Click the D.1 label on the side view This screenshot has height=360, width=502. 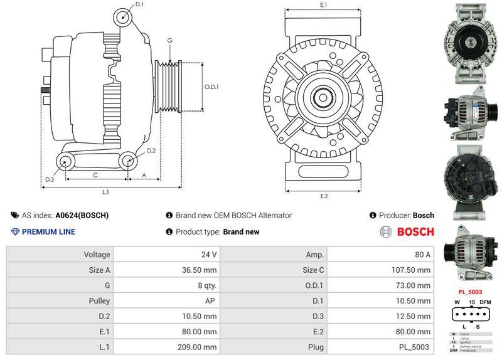[x=139, y=4]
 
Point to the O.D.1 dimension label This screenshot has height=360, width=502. [x=211, y=87]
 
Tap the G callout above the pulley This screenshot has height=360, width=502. [x=169, y=41]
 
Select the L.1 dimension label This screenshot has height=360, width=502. [x=106, y=191]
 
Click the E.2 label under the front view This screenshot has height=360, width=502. [x=324, y=196]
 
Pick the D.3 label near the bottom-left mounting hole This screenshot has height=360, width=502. [x=50, y=180]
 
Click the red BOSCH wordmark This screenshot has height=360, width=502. [x=415, y=232]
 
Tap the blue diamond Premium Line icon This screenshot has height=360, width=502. [x=16, y=232]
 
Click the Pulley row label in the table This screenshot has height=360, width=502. [x=99, y=300]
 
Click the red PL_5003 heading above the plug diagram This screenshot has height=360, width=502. [x=470, y=292]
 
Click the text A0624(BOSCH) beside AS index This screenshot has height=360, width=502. [x=82, y=215]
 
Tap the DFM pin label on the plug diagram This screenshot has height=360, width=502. [x=484, y=302]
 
